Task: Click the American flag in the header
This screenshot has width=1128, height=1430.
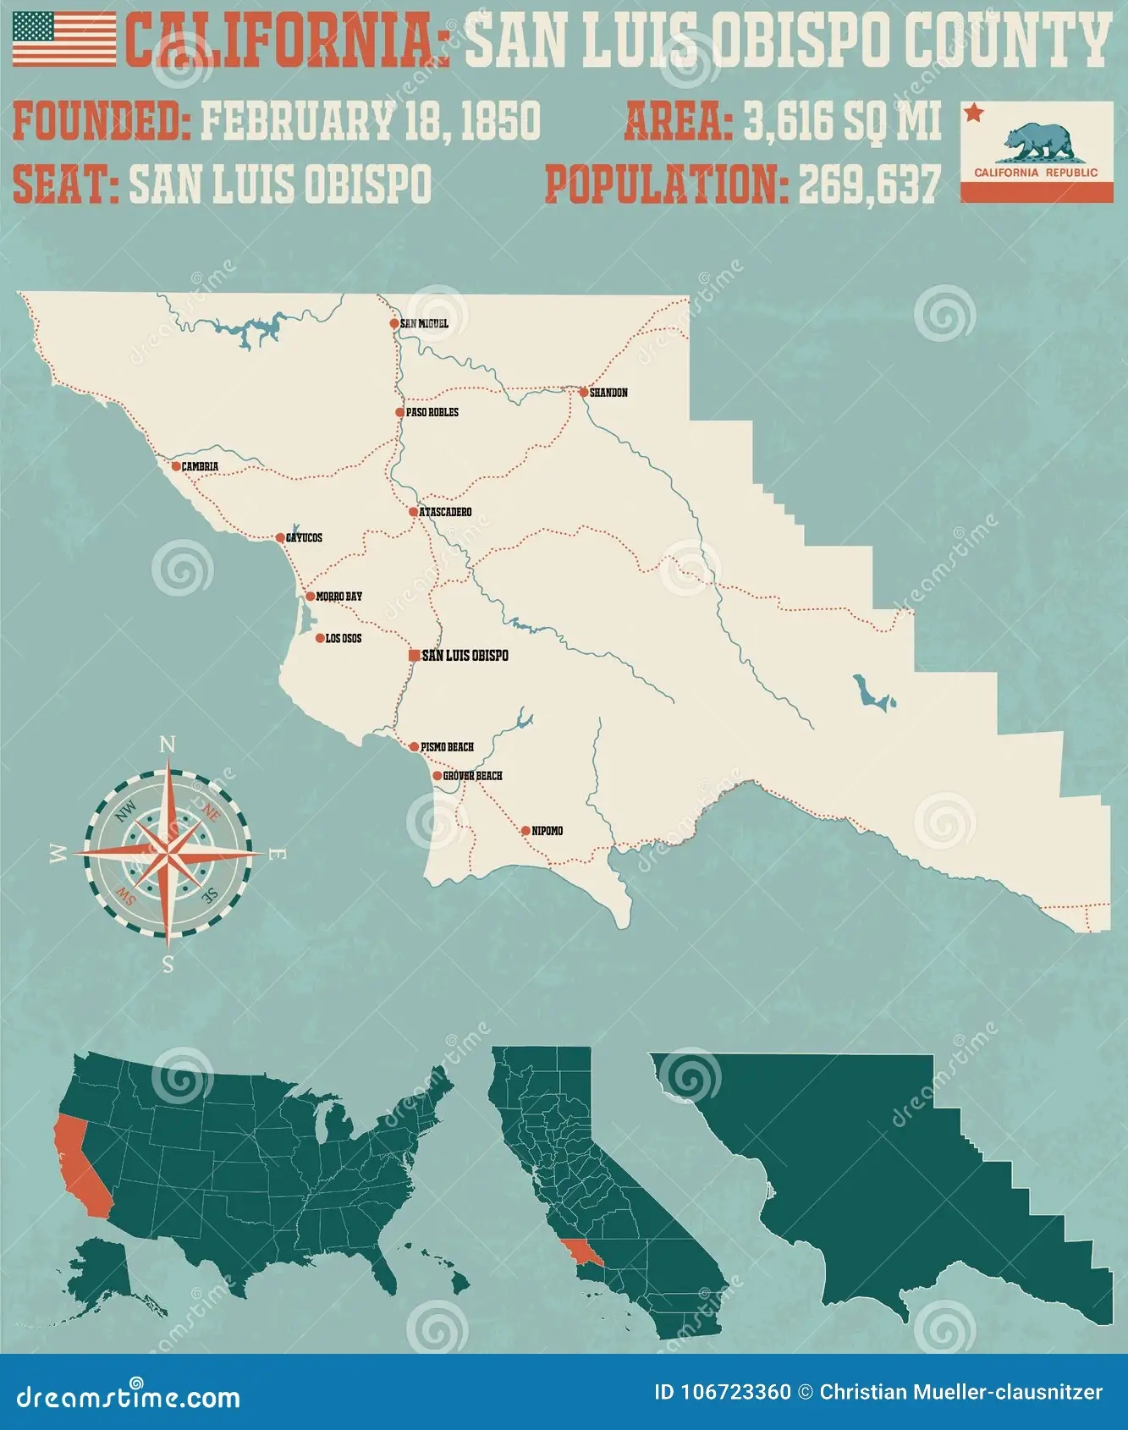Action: click(x=63, y=39)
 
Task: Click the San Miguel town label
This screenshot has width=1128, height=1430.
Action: click(x=424, y=323)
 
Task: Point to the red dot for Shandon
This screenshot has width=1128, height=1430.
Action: click(x=583, y=392)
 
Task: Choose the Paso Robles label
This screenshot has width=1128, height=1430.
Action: click(x=432, y=412)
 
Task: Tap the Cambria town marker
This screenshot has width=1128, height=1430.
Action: click(x=176, y=466)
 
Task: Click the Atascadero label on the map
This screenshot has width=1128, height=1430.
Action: click(x=445, y=512)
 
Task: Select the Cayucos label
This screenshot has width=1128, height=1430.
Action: click(x=304, y=537)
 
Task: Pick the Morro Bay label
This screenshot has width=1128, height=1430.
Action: click(x=338, y=597)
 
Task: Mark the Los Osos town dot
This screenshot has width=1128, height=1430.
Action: click(x=319, y=638)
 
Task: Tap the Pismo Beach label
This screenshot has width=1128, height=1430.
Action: click(x=447, y=746)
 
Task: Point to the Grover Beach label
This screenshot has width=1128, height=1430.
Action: click(x=472, y=775)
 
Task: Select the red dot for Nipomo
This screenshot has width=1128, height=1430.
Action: click(x=525, y=831)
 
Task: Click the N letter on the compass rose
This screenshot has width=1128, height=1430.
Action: click(x=168, y=745)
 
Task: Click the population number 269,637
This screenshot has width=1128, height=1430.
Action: click(x=868, y=184)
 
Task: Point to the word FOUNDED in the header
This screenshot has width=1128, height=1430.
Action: click(x=102, y=121)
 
